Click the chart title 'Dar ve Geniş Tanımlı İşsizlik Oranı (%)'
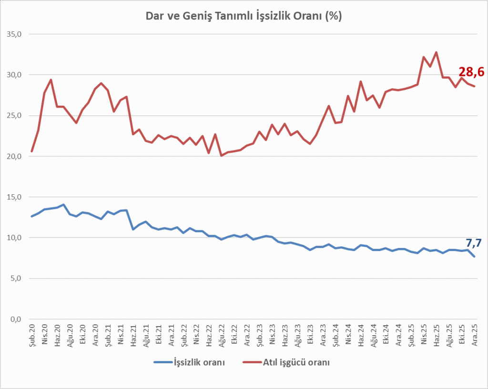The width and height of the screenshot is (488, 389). click(x=244, y=16)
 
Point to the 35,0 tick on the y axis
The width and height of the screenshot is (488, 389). click(x=14, y=34)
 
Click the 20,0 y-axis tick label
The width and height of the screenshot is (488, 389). click(x=14, y=156)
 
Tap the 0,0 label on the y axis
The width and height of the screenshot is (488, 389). click(x=16, y=319)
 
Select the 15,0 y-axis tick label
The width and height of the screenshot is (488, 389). click(x=14, y=197)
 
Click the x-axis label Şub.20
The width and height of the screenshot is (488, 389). click(x=32, y=335)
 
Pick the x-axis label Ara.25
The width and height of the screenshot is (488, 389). click(x=474, y=335)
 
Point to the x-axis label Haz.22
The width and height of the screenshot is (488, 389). click(x=209, y=335)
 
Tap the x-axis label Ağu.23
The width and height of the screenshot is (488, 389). click(x=297, y=335)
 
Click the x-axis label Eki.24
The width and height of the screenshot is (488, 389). click(x=386, y=335)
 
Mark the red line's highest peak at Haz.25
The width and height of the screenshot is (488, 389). click(x=436, y=52)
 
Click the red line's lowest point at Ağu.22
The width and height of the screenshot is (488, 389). click(x=221, y=156)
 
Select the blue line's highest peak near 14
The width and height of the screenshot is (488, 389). click(x=63, y=205)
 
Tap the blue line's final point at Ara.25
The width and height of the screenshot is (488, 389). click(x=474, y=257)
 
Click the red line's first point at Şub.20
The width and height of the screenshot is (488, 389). click(x=32, y=151)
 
